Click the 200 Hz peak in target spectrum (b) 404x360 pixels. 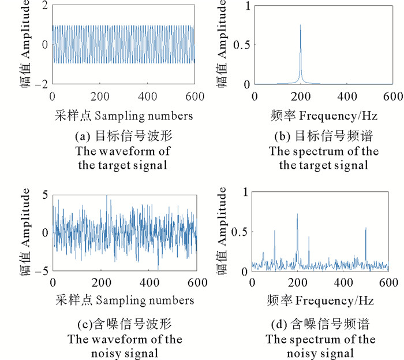point(300,26)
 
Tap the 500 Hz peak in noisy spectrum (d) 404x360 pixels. point(366,229)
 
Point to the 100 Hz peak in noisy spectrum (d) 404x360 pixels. point(275,232)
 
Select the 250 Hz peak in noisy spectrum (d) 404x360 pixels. point(309,237)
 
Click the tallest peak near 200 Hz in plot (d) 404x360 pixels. point(297,215)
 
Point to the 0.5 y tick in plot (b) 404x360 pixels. point(240,45)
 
